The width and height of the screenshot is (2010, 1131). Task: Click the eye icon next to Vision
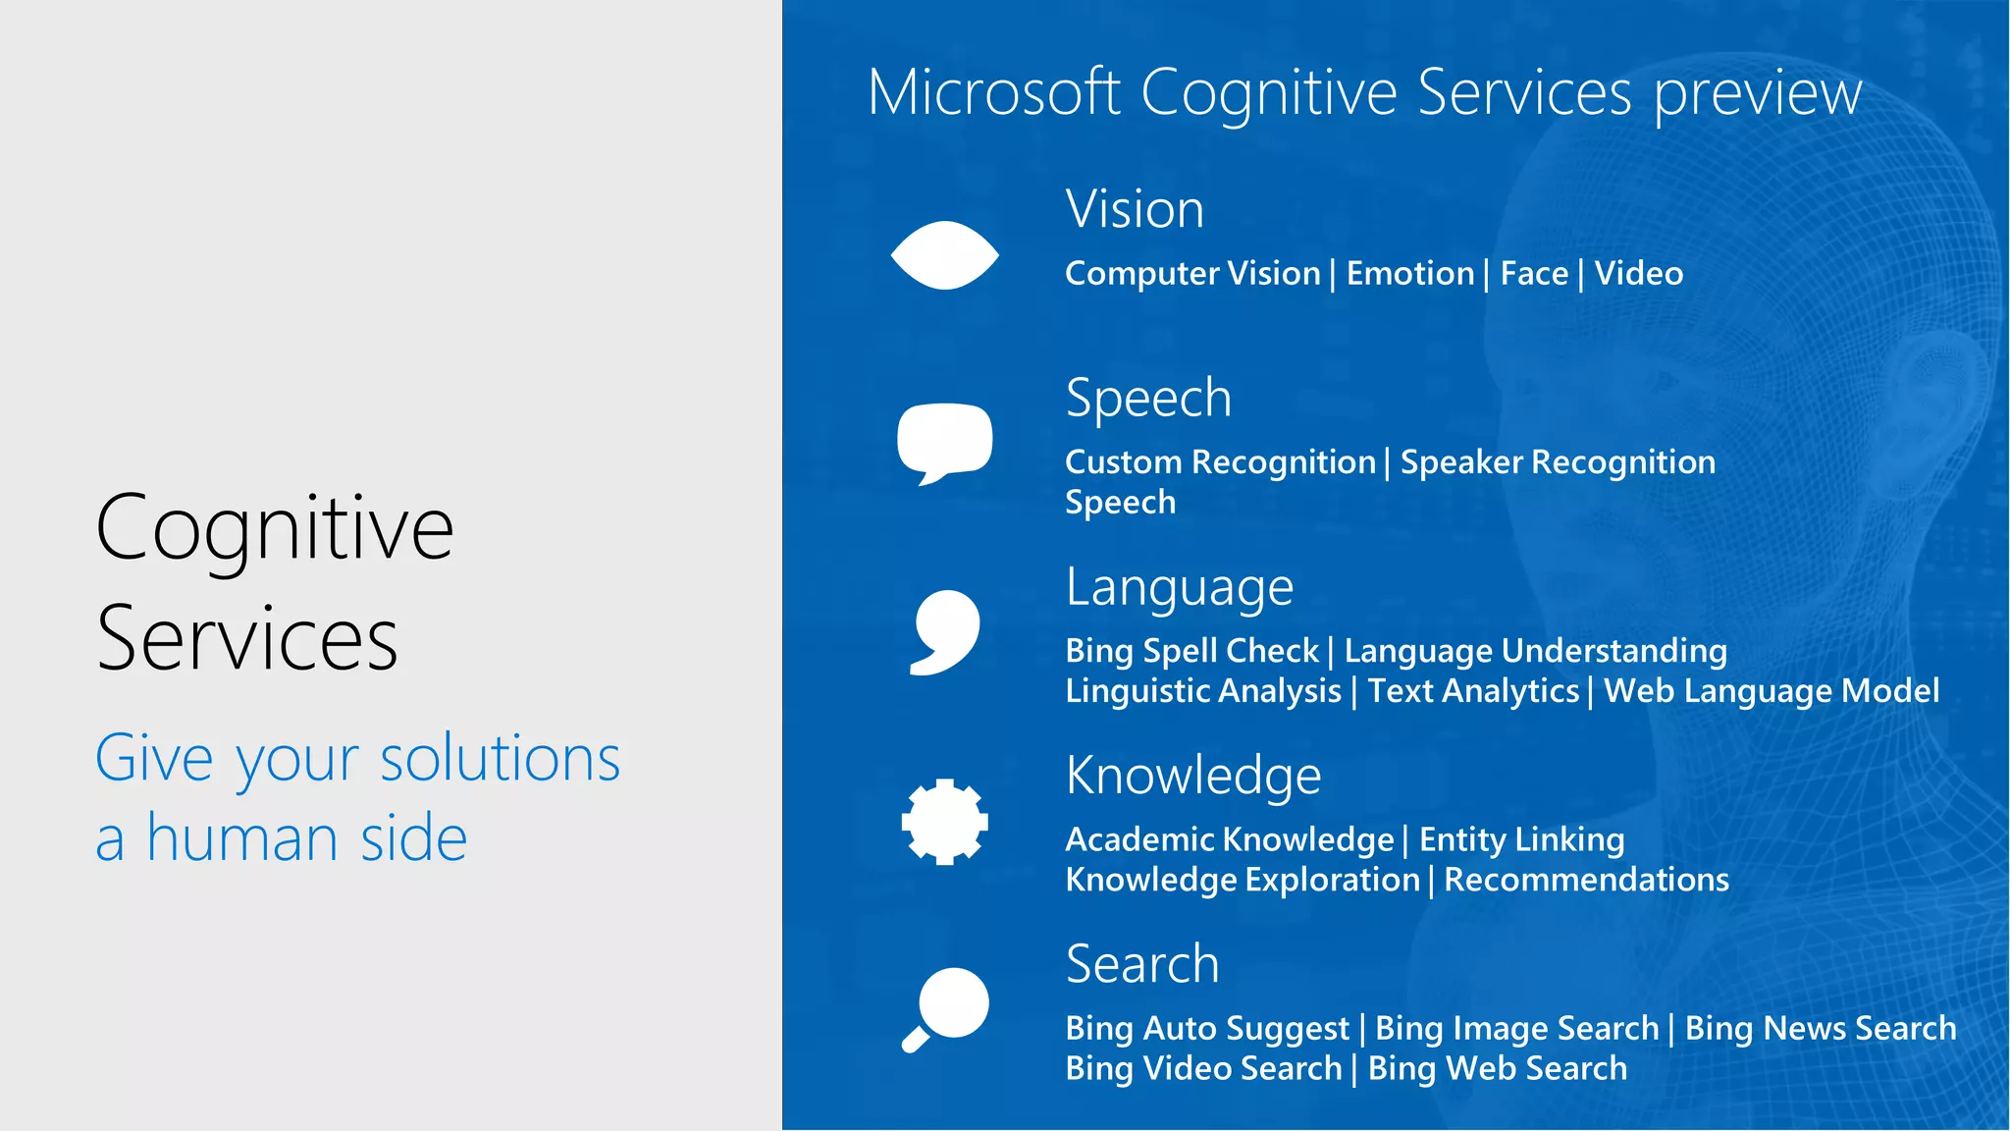944,255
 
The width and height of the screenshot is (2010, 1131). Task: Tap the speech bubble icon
944,440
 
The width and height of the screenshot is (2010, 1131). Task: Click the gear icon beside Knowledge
944,822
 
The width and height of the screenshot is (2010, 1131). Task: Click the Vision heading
1135,209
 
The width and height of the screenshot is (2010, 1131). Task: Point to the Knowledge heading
1193,776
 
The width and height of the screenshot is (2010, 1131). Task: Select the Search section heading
1142,964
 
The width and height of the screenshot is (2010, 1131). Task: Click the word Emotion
1410,274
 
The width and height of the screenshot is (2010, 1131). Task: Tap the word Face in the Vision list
1534,274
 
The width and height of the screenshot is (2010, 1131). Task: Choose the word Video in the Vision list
1638,274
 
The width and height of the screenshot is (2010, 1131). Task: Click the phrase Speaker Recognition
1558,462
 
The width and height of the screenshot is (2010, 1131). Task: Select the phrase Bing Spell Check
1191,651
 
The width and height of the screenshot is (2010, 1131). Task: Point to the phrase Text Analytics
1473,691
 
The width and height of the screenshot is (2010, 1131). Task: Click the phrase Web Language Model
1771,691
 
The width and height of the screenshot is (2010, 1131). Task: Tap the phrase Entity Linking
1521,839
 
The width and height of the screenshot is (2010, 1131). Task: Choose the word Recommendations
1586,880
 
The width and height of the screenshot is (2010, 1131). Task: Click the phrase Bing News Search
1821,1028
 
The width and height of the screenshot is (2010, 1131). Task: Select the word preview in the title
1758,94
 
